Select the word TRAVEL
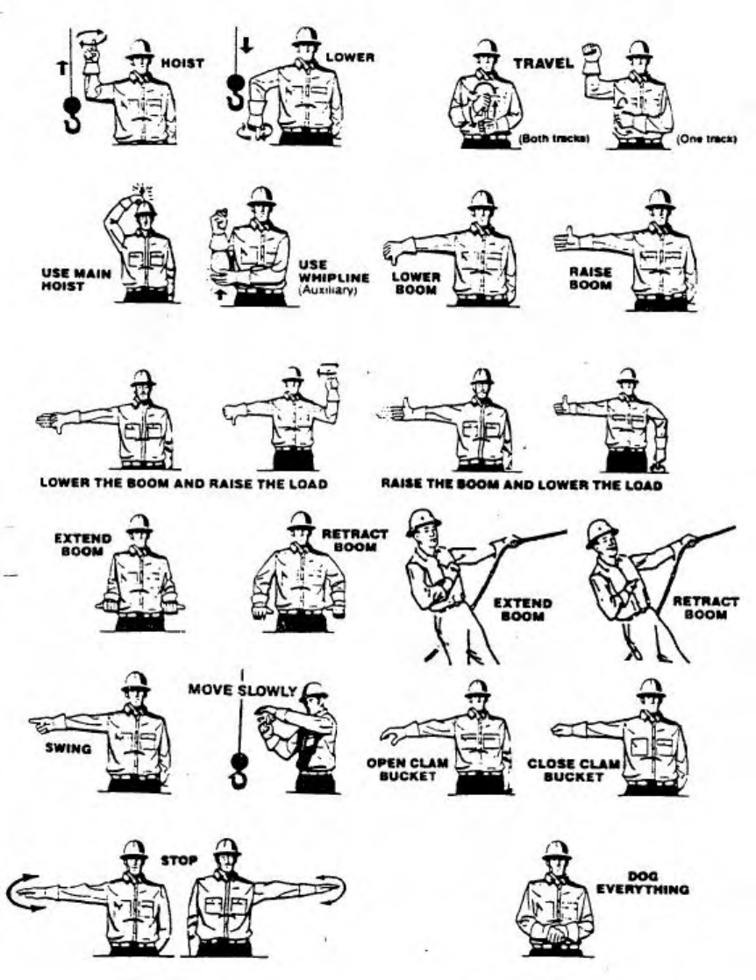[544, 63]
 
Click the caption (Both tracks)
[549, 138]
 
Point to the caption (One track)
[707, 138]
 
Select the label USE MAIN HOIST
[76, 279]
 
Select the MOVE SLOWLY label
[243, 689]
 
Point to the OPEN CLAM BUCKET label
[407, 769]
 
